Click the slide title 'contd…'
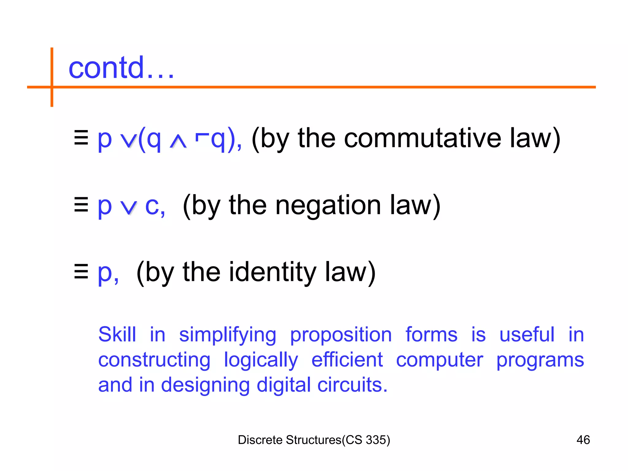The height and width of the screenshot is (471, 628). click(121, 68)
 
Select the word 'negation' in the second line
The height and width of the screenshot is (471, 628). click(328, 206)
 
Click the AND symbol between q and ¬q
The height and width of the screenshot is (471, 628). click(178, 142)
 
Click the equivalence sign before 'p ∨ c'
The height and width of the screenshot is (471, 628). click(81, 205)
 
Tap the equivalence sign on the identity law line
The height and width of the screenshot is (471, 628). click(81, 271)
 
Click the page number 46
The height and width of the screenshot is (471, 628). click(583, 440)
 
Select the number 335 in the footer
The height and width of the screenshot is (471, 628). click(376, 440)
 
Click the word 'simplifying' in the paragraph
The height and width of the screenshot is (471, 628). click(228, 335)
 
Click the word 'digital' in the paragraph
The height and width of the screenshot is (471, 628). click(284, 385)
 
